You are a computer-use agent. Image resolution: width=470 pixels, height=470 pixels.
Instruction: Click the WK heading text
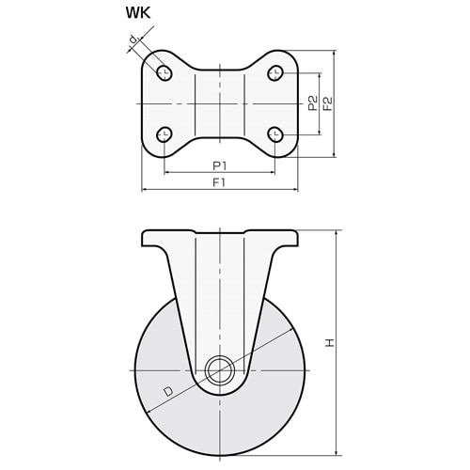tap(138, 13)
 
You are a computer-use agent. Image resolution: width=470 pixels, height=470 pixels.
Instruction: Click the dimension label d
tap(133, 39)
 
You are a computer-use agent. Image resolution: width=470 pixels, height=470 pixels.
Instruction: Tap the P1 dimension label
tap(219, 165)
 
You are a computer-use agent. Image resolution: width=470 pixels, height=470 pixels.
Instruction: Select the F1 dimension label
tap(219, 182)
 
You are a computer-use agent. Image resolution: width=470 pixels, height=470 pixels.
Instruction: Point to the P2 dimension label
tap(312, 103)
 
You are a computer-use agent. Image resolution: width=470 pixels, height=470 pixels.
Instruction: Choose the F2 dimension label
tap(327, 103)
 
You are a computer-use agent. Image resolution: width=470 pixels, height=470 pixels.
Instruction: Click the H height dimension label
tap(330, 343)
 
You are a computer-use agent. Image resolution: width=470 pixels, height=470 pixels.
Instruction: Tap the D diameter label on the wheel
tap(168, 391)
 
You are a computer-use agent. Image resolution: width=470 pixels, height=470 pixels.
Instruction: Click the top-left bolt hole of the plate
tap(164, 73)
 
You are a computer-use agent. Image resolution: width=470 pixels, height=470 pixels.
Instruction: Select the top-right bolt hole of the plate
tap(275, 72)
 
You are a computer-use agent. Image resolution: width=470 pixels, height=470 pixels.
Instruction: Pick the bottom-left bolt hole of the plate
tap(164, 134)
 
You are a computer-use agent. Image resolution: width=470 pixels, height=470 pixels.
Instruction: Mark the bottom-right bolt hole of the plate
tap(275, 134)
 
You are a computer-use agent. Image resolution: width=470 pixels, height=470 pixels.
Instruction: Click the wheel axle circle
tap(220, 370)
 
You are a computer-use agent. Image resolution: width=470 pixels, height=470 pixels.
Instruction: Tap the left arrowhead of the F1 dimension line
tap(145, 189)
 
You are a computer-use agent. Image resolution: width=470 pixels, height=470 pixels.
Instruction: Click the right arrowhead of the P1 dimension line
tap(272, 172)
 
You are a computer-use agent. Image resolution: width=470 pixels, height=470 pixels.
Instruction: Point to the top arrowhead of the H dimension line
tap(337, 233)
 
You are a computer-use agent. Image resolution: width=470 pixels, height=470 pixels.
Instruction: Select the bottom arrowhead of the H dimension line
tap(337, 452)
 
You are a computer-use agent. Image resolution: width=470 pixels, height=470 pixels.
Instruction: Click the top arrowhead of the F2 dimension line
tap(335, 54)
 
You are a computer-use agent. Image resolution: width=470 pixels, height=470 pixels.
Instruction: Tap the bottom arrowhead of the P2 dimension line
tap(320, 132)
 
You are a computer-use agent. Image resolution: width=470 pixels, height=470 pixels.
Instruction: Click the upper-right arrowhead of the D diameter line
tap(290, 330)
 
